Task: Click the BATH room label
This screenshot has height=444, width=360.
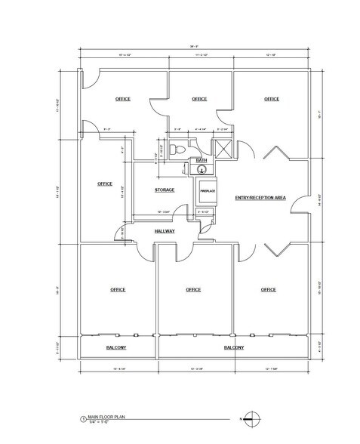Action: [x=201, y=161]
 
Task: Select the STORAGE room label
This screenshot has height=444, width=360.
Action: [x=165, y=190]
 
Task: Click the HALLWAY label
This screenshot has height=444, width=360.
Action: [x=165, y=231]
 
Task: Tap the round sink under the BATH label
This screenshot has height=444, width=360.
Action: [x=202, y=169]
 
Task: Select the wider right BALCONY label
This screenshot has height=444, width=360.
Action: [x=234, y=348]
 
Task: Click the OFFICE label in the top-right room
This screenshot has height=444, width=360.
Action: [x=271, y=99]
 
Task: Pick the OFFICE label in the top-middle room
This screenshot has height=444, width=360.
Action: [x=199, y=99]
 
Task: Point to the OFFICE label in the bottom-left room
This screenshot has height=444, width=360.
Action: [x=117, y=289]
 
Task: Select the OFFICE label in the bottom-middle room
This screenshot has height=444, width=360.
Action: [x=193, y=289]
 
